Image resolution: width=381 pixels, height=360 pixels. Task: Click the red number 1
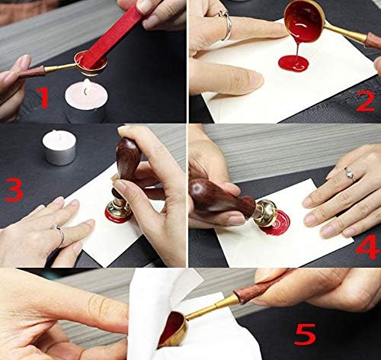pyautogui.click(x=44, y=97)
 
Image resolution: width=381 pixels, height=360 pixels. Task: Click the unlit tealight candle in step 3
pyautogui.click(x=58, y=146)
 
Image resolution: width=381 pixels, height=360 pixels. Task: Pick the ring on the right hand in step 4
pyautogui.click(x=349, y=174)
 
